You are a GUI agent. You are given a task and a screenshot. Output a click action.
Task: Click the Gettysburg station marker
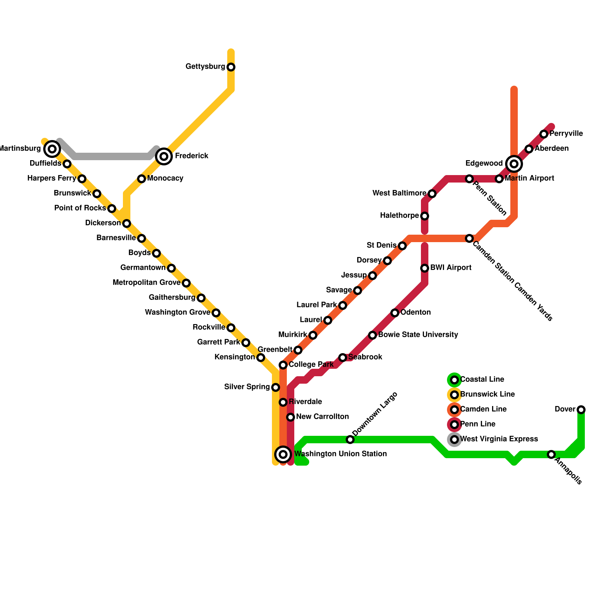pyautogui.click(x=231, y=67)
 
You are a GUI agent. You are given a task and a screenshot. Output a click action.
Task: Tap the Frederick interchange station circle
pyautogui.click(x=164, y=156)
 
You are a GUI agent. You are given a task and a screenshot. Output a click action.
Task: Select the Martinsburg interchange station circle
pyautogui.click(x=52, y=149)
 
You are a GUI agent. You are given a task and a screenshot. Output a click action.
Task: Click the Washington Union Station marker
pyautogui.click(x=283, y=454)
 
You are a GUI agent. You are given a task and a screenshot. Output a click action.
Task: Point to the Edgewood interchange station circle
pyautogui.click(x=514, y=164)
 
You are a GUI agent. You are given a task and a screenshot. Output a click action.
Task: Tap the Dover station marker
pyautogui.click(x=581, y=410)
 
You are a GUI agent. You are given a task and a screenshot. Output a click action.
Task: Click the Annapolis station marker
pyautogui.click(x=551, y=454)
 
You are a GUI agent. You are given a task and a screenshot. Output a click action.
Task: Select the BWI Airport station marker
pyautogui.click(x=425, y=268)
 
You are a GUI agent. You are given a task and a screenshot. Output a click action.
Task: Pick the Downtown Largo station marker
pyautogui.click(x=350, y=440)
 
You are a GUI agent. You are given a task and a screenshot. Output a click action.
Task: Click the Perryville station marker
pyautogui.click(x=544, y=134)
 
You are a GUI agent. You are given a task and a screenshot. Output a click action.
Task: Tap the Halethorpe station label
pyautogui.click(x=399, y=216)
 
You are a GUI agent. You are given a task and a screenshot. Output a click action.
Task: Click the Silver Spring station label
pyautogui.click(x=247, y=387)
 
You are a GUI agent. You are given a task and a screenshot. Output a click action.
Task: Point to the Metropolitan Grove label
pyautogui.click(x=146, y=283)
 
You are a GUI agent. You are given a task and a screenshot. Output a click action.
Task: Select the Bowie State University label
pyautogui.click(x=418, y=335)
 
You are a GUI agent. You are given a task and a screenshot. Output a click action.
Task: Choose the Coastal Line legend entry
pyautogui.click(x=482, y=380)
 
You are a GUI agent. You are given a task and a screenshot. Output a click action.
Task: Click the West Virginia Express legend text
pyautogui.click(x=499, y=439)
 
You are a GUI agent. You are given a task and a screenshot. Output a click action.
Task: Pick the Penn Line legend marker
pyautogui.click(x=454, y=425)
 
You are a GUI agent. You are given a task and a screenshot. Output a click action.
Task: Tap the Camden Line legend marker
pyautogui.click(x=454, y=410)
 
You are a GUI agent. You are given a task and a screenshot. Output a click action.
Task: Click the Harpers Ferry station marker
pyautogui.click(x=82, y=179)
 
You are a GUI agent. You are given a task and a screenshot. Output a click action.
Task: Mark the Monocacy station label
pyautogui.click(x=165, y=178)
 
